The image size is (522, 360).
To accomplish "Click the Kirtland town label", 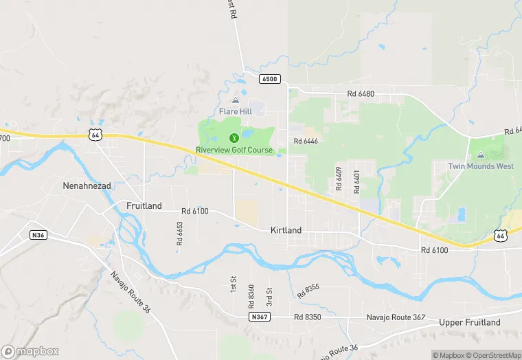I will [286, 231].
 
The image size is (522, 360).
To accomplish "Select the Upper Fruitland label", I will [470, 323].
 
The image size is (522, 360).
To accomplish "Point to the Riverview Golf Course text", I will [234, 150].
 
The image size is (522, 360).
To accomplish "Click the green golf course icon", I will [234, 138].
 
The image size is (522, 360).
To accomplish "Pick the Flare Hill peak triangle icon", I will [236, 100].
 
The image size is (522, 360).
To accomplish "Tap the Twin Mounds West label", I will [481, 166].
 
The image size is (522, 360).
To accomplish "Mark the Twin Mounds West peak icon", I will [480, 155].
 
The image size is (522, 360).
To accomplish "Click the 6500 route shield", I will [270, 79].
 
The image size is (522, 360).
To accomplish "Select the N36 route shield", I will [38, 235].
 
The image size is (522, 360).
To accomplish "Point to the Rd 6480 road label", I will [361, 93].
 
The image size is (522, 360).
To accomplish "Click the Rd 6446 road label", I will [306, 141].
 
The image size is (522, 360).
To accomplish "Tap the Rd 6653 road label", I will [180, 234].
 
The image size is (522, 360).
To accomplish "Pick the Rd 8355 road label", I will [308, 291].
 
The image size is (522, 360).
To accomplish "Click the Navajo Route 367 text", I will [395, 317].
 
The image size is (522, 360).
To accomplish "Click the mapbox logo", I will [30, 351].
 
